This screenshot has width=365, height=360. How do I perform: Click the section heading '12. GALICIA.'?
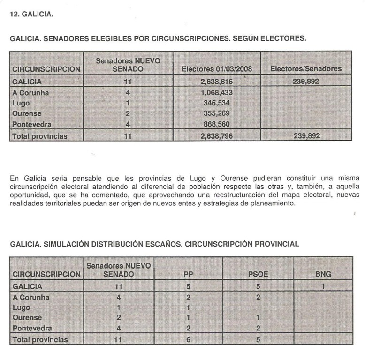pos(31,14)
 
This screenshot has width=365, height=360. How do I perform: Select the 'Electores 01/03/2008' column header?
pos(216,69)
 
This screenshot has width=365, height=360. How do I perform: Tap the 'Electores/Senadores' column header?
pos(306,69)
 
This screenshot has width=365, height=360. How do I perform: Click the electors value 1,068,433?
pos(216,93)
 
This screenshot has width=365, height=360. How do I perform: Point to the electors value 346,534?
pos(216,103)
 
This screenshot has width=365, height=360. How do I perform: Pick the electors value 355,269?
pos(216,113)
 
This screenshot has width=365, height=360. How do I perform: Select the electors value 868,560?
pos(216,125)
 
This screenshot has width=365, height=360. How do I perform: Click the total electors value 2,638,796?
pos(216,136)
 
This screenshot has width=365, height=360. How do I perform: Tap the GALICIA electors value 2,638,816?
pos(216,82)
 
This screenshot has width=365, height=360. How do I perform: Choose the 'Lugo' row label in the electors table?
pos(21,103)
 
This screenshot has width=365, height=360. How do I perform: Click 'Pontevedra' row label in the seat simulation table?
pos(31,328)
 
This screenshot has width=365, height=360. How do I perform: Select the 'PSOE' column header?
pos(258,274)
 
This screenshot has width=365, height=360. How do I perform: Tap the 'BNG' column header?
pos(323,274)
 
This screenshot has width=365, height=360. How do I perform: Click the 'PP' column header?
pos(188,274)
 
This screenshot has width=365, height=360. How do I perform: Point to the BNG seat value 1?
pos(323,286)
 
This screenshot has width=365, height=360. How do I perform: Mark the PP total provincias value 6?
pos(188,340)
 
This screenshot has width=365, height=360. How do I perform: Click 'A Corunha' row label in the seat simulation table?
pos(31,297)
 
